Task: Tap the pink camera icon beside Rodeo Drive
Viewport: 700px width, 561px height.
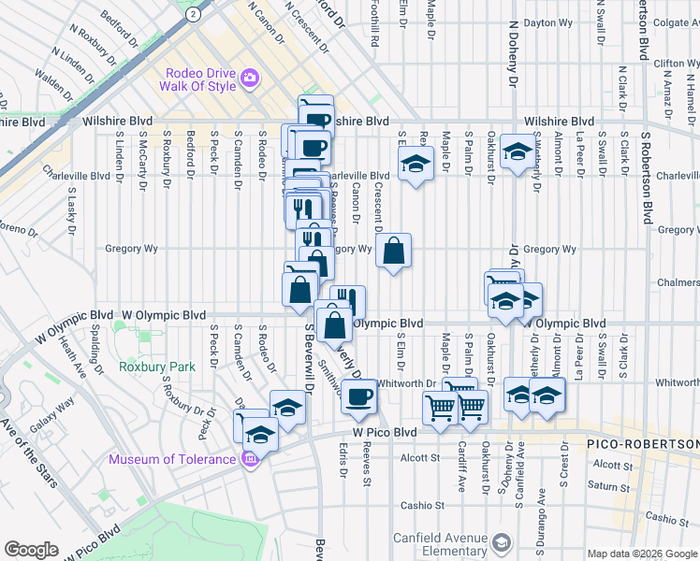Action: click(248, 79)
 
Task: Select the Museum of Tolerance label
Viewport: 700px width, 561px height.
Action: click(172, 459)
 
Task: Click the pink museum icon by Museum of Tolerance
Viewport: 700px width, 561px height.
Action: click(249, 459)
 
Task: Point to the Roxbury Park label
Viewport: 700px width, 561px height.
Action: click(157, 367)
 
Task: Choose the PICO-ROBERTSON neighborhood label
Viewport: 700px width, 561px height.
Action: click(644, 442)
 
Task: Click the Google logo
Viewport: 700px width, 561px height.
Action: click(31, 550)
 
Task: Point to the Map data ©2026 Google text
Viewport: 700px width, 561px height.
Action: click(641, 554)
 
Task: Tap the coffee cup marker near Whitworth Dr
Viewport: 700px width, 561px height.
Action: click(357, 396)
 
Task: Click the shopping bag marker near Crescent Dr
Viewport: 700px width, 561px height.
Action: click(394, 251)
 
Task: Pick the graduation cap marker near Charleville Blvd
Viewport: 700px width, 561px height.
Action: click(413, 164)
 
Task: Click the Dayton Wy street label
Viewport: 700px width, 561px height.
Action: click(547, 22)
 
